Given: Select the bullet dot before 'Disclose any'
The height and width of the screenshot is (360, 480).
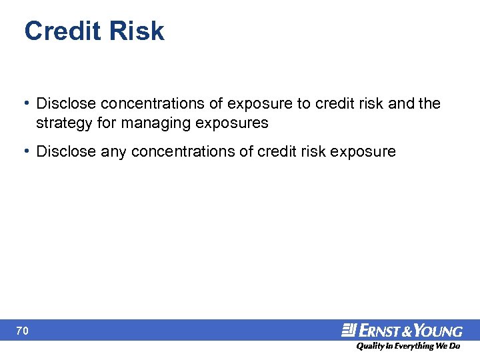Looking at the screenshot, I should [26, 151].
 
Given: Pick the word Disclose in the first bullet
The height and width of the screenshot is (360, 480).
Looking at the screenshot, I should [66, 104].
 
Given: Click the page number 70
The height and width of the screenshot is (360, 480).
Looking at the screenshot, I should [23, 330].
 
